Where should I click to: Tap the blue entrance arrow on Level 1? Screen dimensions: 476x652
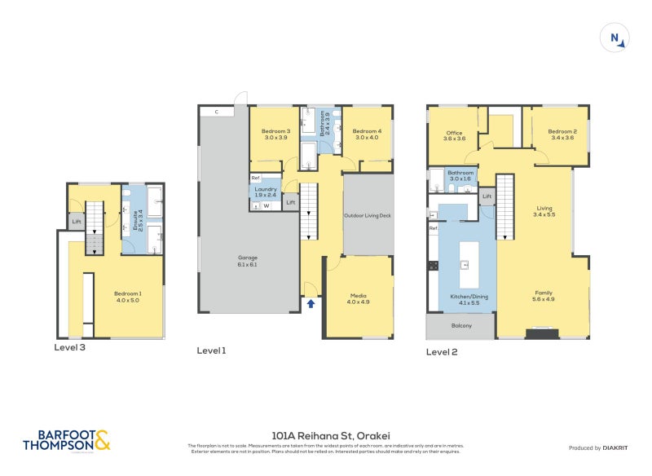click(311, 303)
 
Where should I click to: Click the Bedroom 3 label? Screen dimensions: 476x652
click(275, 134)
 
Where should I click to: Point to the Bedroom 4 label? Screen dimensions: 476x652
click(367, 134)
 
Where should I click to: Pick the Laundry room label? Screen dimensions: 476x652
click(267, 192)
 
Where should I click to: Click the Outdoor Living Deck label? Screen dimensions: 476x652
click(368, 216)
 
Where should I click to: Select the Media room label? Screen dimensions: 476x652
click(359, 298)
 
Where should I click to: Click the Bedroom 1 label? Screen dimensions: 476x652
click(127, 296)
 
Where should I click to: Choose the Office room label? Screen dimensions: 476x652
click(454, 136)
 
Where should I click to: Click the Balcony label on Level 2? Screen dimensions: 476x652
click(460, 326)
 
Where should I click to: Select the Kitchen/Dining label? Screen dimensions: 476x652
click(469, 300)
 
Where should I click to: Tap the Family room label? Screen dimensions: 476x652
click(544, 295)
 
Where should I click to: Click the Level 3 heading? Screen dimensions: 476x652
click(69, 346)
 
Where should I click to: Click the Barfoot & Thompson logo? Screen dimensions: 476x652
click(66, 441)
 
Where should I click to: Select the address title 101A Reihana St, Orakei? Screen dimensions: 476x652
click(326, 436)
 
